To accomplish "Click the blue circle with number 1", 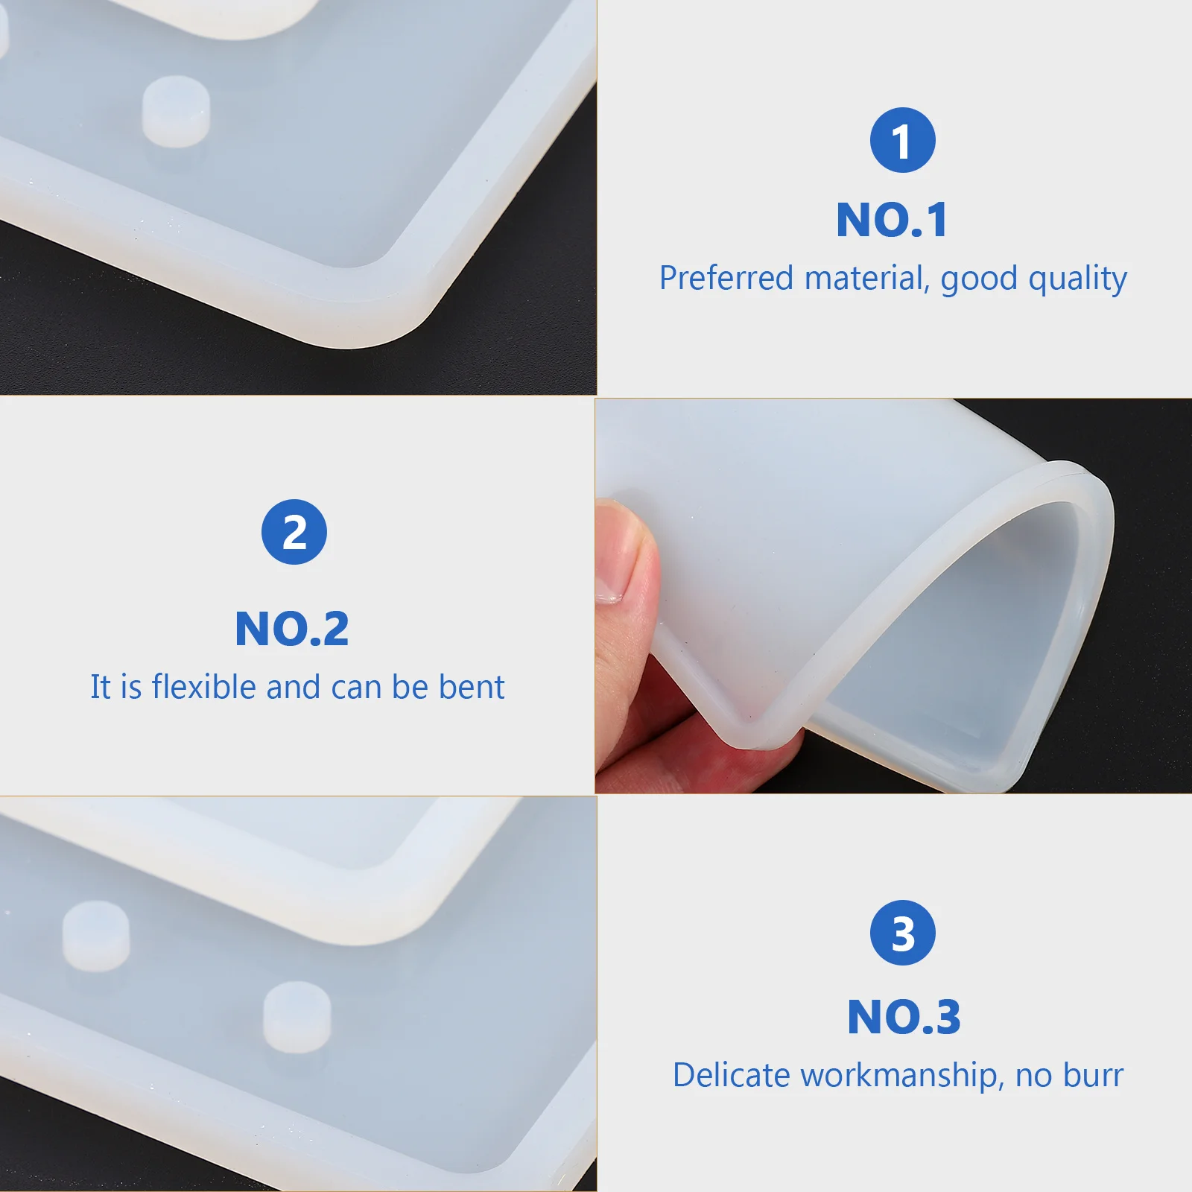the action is pos(902,140).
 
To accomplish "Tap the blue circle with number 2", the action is pos(294,532).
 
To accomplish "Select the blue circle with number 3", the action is pos(902,933).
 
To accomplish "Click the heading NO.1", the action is pos(892,220).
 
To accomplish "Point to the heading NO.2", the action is pos(292,629).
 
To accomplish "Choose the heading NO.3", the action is pos(904,1017).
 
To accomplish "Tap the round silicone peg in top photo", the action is pos(176,111).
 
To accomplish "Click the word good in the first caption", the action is pos(979,279).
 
